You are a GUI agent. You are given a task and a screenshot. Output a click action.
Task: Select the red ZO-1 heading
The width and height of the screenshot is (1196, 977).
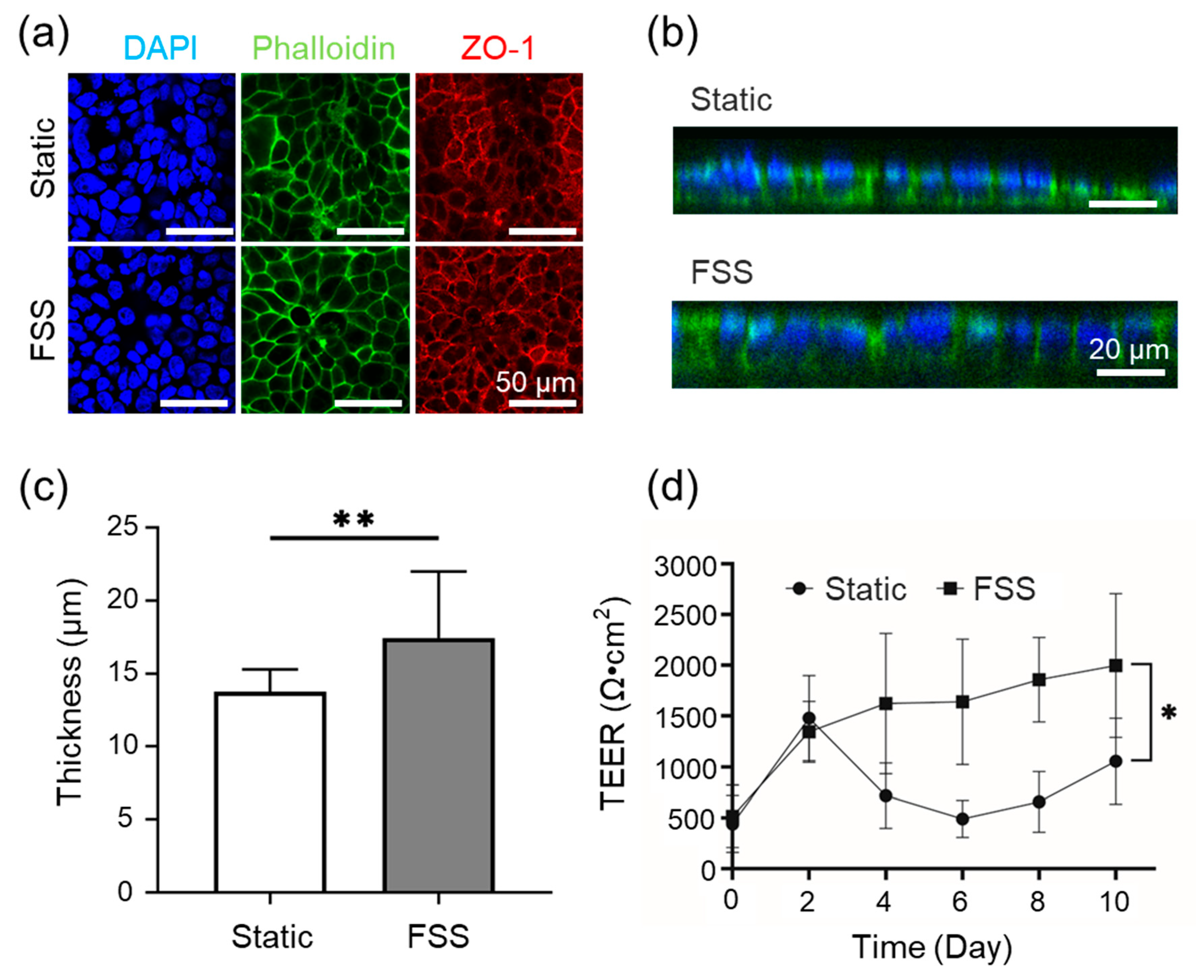click(497, 48)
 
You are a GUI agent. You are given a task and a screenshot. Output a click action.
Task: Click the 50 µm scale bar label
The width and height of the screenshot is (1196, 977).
click(536, 383)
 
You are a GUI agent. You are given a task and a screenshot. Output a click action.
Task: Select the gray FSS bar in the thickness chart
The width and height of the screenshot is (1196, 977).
click(439, 766)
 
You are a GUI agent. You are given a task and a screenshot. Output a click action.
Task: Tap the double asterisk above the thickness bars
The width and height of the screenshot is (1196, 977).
click(354, 519)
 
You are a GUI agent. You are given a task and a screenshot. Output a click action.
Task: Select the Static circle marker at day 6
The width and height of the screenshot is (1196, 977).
click(962, 819)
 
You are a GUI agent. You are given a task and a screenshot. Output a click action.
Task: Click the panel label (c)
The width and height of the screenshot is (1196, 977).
click(44, 487)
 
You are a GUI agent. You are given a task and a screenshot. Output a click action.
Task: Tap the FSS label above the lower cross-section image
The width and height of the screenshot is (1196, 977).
click(721, 273)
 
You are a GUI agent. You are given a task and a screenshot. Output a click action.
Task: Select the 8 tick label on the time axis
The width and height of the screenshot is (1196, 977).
click(1037, 901)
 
